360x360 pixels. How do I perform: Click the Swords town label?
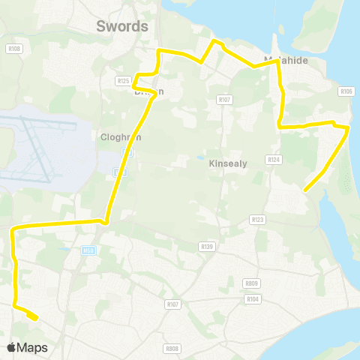click(123, 26)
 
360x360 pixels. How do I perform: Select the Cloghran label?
click(121, 137)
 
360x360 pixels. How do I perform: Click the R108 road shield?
click(16, 49)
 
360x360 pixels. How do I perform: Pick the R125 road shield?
click(124, 80)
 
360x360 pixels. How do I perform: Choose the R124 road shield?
click(273, 159)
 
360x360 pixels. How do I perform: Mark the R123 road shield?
click(258, 219)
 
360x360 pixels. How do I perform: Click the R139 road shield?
click(207, 246)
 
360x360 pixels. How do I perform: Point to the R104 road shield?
click(252, 298)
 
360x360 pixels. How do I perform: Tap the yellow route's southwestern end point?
click(36, 318)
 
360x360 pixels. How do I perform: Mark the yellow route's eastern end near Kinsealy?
click(304, 191)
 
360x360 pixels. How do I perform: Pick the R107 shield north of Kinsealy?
click(223, 99)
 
